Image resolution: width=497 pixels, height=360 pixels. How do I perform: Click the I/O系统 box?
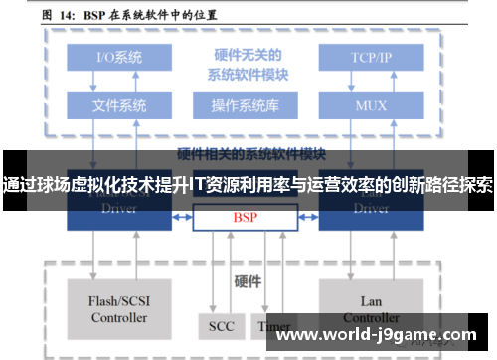[x=119, y=57]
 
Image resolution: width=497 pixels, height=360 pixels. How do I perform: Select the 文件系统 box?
[x=119, y=104]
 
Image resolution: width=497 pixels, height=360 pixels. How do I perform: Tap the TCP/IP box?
[x=371, y=57]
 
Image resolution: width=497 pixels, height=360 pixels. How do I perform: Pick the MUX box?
[x=371, y=104]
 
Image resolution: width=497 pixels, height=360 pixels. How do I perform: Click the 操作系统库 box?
[x=245, y=104]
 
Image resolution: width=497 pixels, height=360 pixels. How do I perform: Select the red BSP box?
[x=245, y=216]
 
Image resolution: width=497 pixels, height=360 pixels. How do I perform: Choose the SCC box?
[x=221, y=325]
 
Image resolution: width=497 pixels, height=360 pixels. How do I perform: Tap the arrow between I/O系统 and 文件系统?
[x=119, y=81]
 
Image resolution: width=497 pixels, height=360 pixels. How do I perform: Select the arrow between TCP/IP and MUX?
[x=371, y=81]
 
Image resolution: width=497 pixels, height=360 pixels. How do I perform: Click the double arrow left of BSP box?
[x=182, y=216]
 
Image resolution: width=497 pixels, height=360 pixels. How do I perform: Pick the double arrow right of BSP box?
[x=307, y=216]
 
